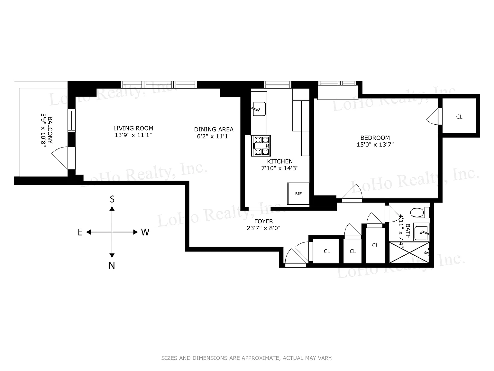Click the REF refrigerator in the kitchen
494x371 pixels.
point(298,194)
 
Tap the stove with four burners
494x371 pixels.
point(261,146)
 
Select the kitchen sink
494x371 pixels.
point(259,109)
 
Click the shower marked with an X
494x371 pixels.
point(409,252)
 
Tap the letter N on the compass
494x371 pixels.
point(112,266)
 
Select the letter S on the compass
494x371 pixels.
point(112,199)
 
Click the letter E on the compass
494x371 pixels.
point(80,232)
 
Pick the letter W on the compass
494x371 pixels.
point(145,232)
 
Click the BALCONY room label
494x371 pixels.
point(50,130)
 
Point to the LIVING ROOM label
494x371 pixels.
point(133,128)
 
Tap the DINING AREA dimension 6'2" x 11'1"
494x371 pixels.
point(214,136)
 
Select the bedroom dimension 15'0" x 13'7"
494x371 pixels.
point(375,144)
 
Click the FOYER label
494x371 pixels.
point(263,221)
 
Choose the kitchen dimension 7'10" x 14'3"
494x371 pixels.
point(280,168)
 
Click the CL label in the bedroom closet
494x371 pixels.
point(459,117)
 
